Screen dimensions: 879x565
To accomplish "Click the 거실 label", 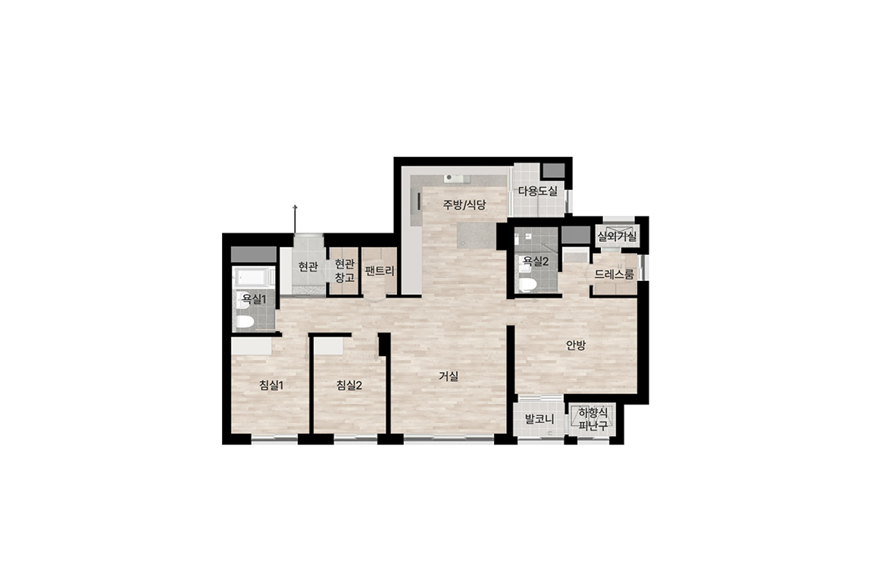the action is tap(449, 376).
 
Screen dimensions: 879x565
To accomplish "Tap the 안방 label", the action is tap(576, 345).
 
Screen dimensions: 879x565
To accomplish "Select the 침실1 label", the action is tap(271, 385).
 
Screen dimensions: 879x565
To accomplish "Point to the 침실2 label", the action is tap(349, 385).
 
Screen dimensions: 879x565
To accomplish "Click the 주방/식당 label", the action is tap(465, 204).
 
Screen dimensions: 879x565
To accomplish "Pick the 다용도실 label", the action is tap(537, 191).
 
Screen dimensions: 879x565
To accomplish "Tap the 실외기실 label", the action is tap(617, 236).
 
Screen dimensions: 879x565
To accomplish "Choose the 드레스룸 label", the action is tap(615, 275).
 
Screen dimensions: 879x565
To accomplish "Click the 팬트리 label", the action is tap(380, 271).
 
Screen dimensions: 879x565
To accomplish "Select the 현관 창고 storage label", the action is tap(345, 270).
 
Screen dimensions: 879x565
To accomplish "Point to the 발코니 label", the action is tap(540, 419).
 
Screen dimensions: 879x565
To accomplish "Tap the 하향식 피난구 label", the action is tap(593, 420).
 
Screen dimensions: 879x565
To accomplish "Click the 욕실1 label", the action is tap(254, 299).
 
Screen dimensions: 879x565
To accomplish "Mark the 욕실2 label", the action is tap(536, 261).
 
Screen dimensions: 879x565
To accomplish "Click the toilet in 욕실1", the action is tap(245, 321).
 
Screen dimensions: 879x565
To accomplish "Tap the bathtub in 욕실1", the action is tap(255, 278).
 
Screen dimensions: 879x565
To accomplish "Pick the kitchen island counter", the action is tap(477, 236).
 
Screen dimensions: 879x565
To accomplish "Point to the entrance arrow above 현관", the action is tap(295, 220).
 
